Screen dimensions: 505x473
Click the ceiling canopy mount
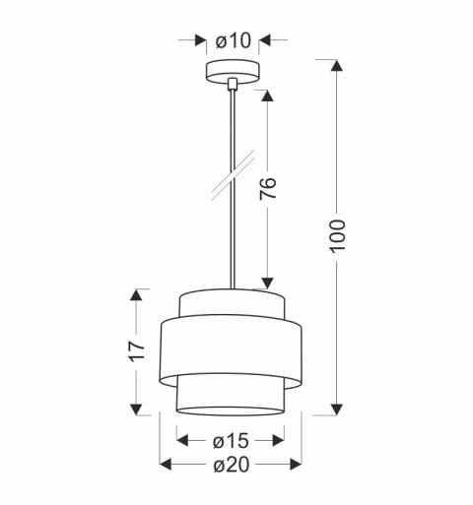tap(232, 73)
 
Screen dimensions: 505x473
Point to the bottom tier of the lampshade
tap(232, 397)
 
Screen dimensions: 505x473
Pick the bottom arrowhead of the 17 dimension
tap(139, 406)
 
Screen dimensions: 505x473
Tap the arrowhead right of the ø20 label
tap(294, 464)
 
